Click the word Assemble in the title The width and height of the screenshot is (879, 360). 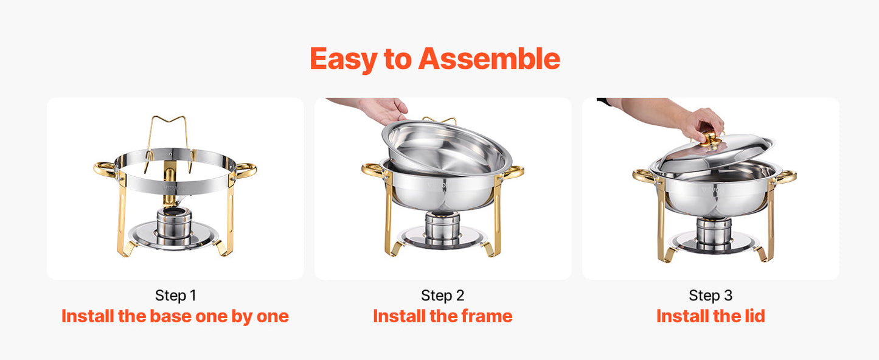(x=489, y=59)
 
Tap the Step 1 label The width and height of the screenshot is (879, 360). (x=175, y=296)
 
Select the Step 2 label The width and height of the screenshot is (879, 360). (x=442, y=296)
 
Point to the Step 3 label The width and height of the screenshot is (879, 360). (x=710, y=296)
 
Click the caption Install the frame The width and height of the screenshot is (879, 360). (x=442, y=316)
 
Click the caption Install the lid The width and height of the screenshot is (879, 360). (x=710, y=316)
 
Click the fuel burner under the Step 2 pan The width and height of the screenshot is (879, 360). (x=442, y=228)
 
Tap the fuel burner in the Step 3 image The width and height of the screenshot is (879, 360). (x=714, y=232)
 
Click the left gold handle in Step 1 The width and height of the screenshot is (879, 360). (x=105, y=168)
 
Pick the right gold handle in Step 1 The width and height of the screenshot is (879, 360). (x=246, y=170)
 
